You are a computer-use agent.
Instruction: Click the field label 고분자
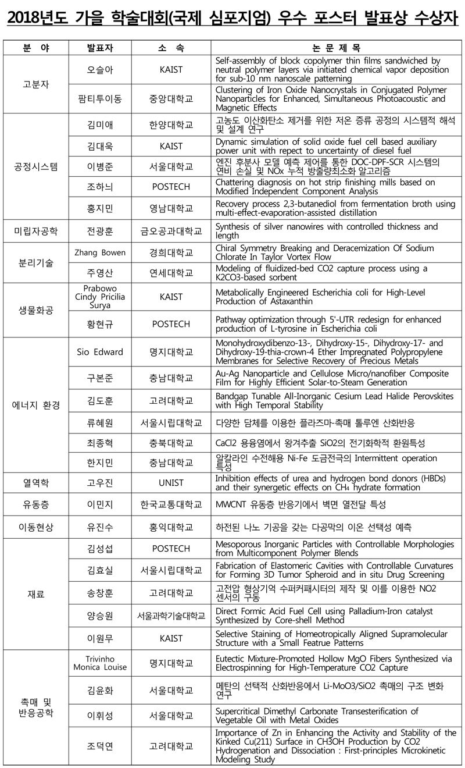click(36, 84)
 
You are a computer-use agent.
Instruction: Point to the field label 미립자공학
click(36, 231)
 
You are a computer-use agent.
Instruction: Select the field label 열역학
click(36, 483)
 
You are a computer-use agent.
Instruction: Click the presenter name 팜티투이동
click(99, 99)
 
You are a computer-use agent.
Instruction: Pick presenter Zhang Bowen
click(99, 253)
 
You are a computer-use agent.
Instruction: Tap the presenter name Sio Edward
click(99, 352)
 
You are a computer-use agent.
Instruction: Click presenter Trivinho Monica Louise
click(99, 662)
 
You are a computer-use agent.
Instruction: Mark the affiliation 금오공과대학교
click(171, 231)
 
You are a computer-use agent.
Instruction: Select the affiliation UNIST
click(171, 483)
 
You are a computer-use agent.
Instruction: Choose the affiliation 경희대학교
click(171, 253)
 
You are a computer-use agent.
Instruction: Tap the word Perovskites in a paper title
click(416, 396)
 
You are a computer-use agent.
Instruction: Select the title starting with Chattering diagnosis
click(325, 187)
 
